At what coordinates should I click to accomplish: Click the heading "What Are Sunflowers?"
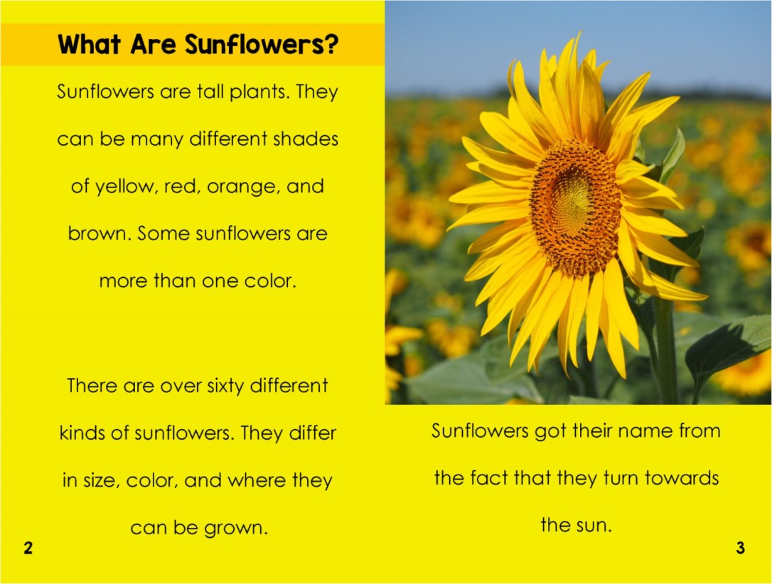click(198, 45)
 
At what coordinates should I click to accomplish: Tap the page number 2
click(28, 548)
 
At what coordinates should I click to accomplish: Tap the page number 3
click(740, 548)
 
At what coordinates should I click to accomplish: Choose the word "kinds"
click(82, 433)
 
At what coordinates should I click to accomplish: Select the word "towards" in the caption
click(681, 478)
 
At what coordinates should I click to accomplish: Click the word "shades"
click(306, 139)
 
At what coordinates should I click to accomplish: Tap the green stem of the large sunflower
click(667, 348)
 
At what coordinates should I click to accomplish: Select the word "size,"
click(99, 481)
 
